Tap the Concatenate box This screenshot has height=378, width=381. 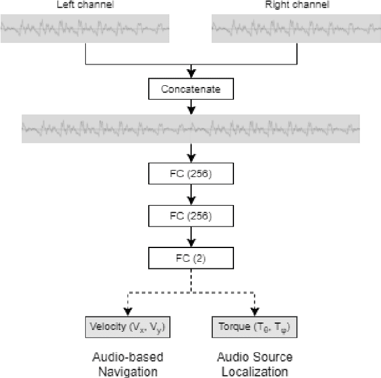[190, 89]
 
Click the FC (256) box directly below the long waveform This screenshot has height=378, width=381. [190, 173]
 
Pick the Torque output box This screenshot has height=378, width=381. [254, 327]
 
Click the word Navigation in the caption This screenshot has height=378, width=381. [128, 371]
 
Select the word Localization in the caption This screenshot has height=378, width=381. [254, 371]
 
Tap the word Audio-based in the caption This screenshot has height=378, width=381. [128, 357]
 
